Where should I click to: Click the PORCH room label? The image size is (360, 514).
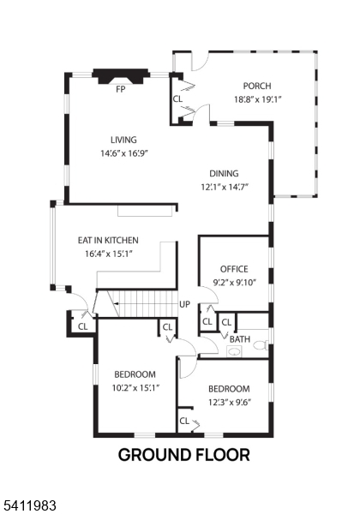coord(256,86)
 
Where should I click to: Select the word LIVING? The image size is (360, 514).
coord(123,140)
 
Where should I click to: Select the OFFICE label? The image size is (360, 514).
coord(234,269)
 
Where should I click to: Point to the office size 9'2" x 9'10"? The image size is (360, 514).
coord(234,282)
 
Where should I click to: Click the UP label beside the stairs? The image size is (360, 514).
coord(184,304)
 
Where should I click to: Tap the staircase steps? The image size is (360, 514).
coord(138,302)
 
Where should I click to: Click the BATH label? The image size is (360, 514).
coord(239,339)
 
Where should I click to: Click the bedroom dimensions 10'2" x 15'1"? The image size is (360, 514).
coord(135,387)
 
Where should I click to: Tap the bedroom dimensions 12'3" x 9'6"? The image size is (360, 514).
coord(229,401)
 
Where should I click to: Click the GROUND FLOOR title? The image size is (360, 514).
coord(183,455)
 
